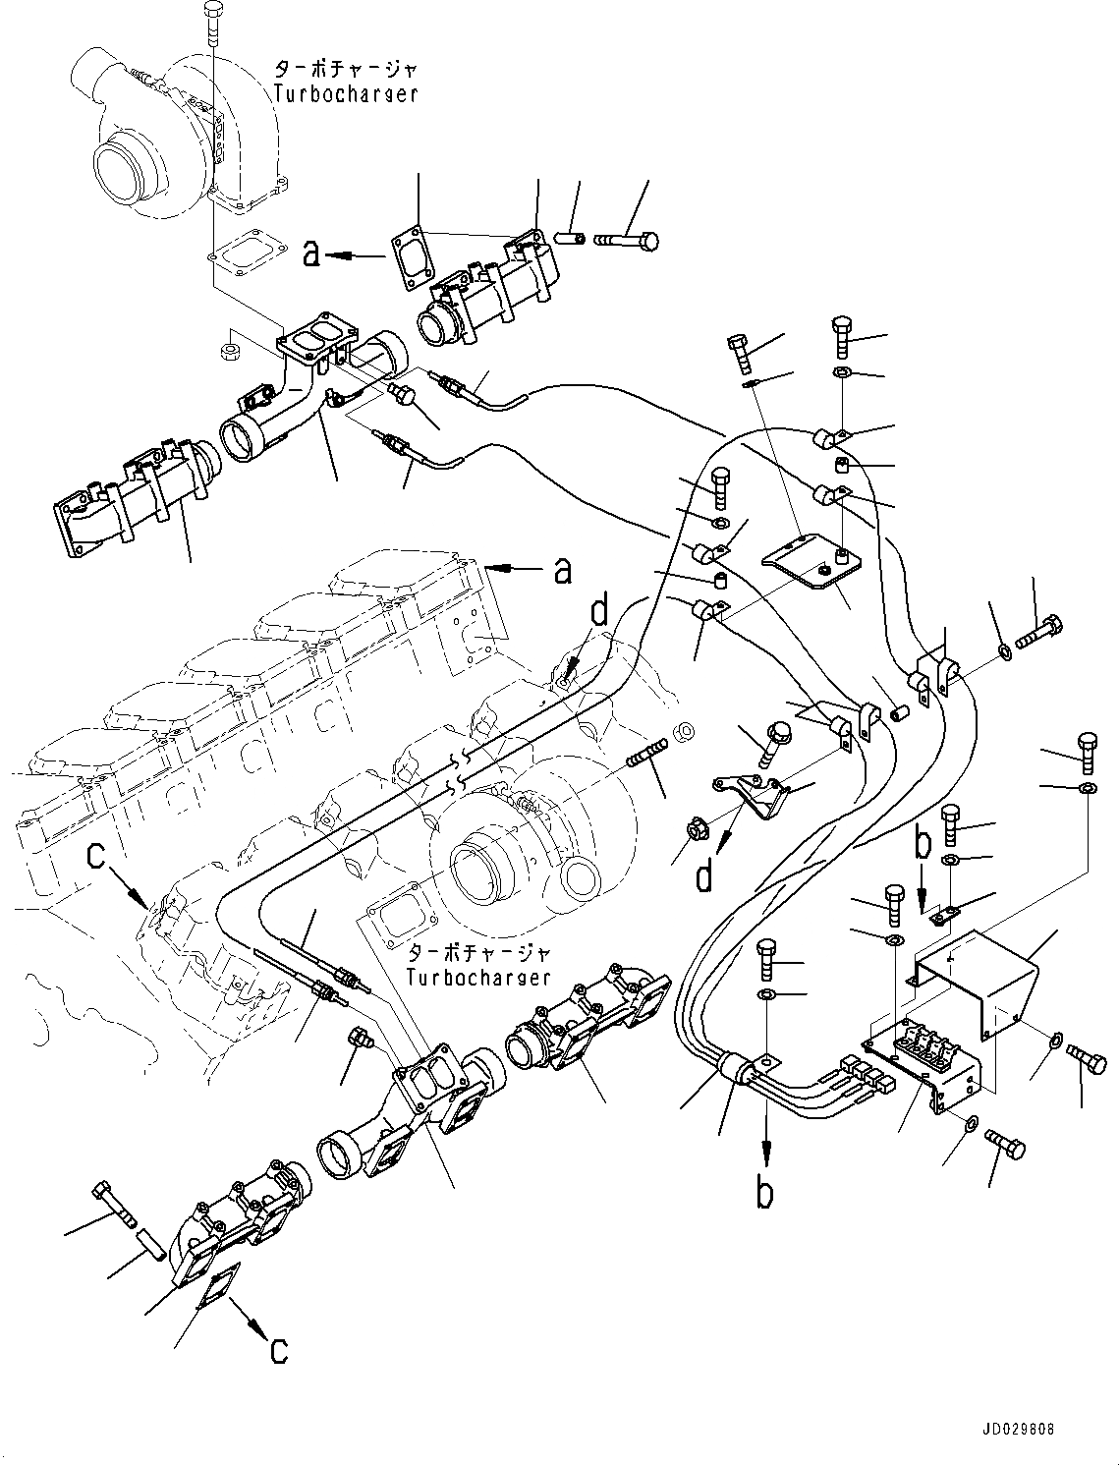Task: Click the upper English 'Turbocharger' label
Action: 345,94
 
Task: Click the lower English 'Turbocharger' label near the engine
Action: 479,978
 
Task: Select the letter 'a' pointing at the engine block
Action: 562,570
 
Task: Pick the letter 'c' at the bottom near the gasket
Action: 279,1349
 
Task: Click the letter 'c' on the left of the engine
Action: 95,857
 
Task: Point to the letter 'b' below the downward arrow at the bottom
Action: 764,1192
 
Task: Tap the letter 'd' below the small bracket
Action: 703,875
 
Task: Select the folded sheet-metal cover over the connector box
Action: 982,981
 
